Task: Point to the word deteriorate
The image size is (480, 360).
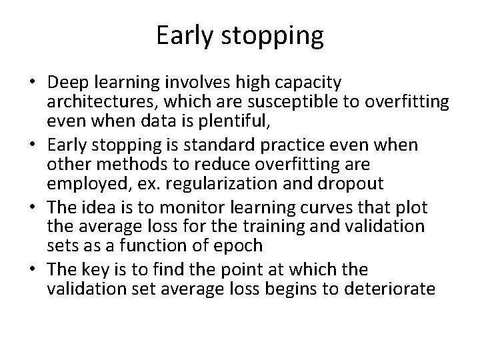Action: [x=389, y=289]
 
